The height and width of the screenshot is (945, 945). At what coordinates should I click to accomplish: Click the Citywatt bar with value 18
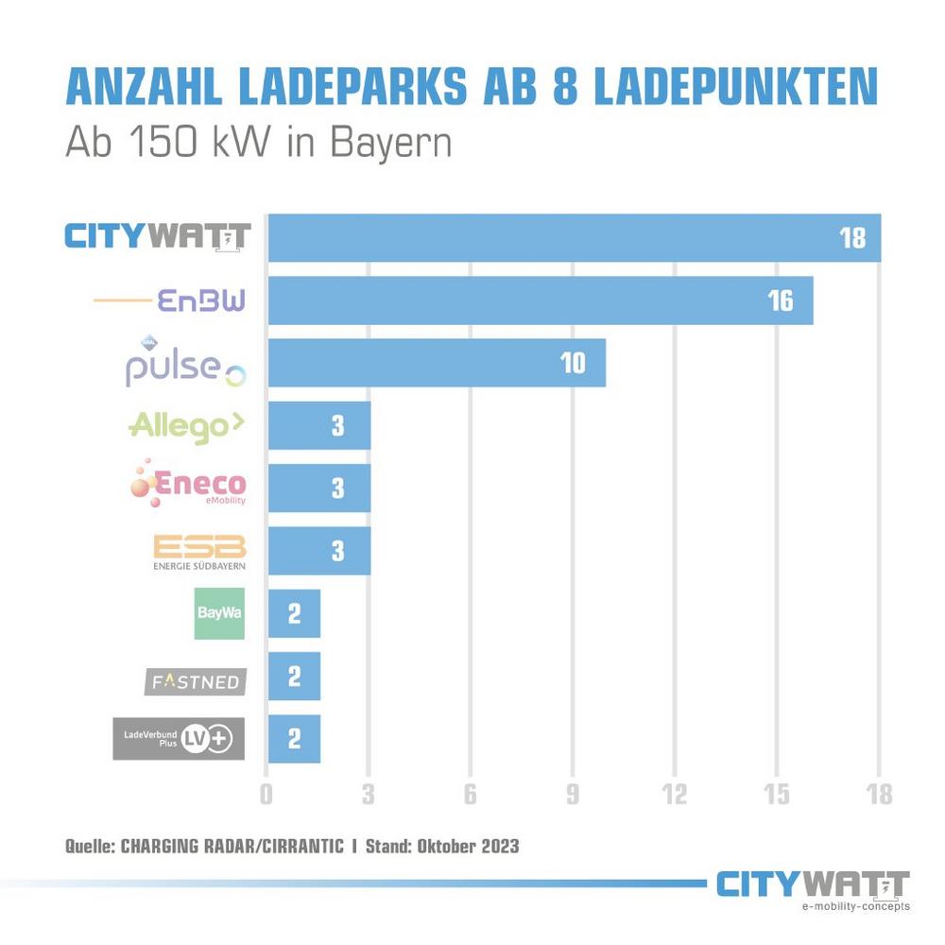pyautogui.click(x=575, y=237)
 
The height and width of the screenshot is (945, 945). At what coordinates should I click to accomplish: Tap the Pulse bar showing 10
pyautogui.click(x=437, y=363)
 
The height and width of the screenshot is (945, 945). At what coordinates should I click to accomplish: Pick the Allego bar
pyautogui.click(x=319, y=426)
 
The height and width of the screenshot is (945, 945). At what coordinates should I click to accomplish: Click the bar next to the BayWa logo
pyautogui.click(x=294, y=613)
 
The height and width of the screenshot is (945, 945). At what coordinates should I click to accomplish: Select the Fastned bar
pyautogui.click(x=294, y=676)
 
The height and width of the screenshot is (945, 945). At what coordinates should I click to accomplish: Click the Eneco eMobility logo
pyautogui.click(x=189, y=485)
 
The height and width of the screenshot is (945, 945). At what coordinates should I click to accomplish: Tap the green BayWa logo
pyautogui.click(x=219, y=612)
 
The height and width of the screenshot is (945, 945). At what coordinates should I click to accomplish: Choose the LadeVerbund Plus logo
pyautogui.click(x=179, y=738)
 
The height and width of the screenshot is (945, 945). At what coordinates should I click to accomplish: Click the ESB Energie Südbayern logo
pyautogui.click(x=198, y=552)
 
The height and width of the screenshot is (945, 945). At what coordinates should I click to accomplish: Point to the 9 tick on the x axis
pyautogui.click(x=572, y=794)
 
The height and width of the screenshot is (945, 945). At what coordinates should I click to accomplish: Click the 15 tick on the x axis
pyautogui.click(x=776, y=794)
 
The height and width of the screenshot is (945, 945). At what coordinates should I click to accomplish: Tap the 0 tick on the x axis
pyautogui.click(x=266, y=794)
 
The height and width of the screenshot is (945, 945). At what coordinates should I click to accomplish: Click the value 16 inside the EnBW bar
pyautogui.click(x=780, y=301)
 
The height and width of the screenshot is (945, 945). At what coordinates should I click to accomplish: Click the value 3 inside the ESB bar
pyautogui.click(x=338, y=551)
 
